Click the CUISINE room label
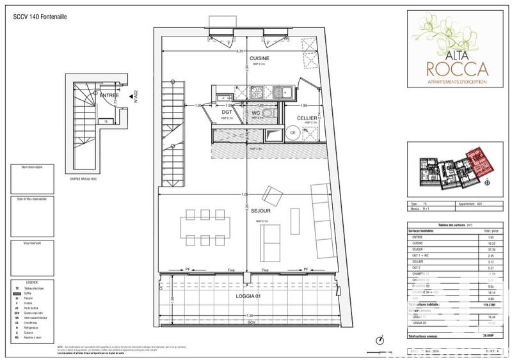coord(259,58)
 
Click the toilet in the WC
coord(266,110)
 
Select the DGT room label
coord(226,111)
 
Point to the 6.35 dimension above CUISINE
coord(240,51)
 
